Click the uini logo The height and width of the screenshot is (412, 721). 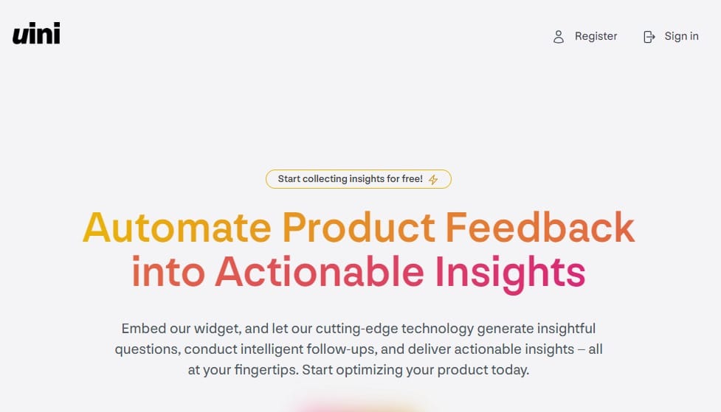[x=36, y=33]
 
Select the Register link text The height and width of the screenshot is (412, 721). [x=596, y=36]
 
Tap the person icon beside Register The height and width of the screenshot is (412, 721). [x=558, y=37]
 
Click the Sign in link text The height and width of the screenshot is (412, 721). [x=681, y=36]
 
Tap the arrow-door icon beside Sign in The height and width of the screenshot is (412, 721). [x=649, y=37]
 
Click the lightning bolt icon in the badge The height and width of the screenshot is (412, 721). [x=433, y=180]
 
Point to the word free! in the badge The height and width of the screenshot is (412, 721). [x=412, y=178]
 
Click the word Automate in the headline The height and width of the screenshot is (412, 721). [x=177, y=227]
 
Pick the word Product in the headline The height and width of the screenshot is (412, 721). [x=359, y=227]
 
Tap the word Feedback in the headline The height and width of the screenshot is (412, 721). [x=540, y=227]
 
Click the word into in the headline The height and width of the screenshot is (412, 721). [x=168, y=271]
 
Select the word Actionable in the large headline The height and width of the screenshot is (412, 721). [x=320, y=271]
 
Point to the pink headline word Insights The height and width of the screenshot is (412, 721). [x=510, y=274]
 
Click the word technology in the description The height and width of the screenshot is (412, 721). [x=438, y=329]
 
